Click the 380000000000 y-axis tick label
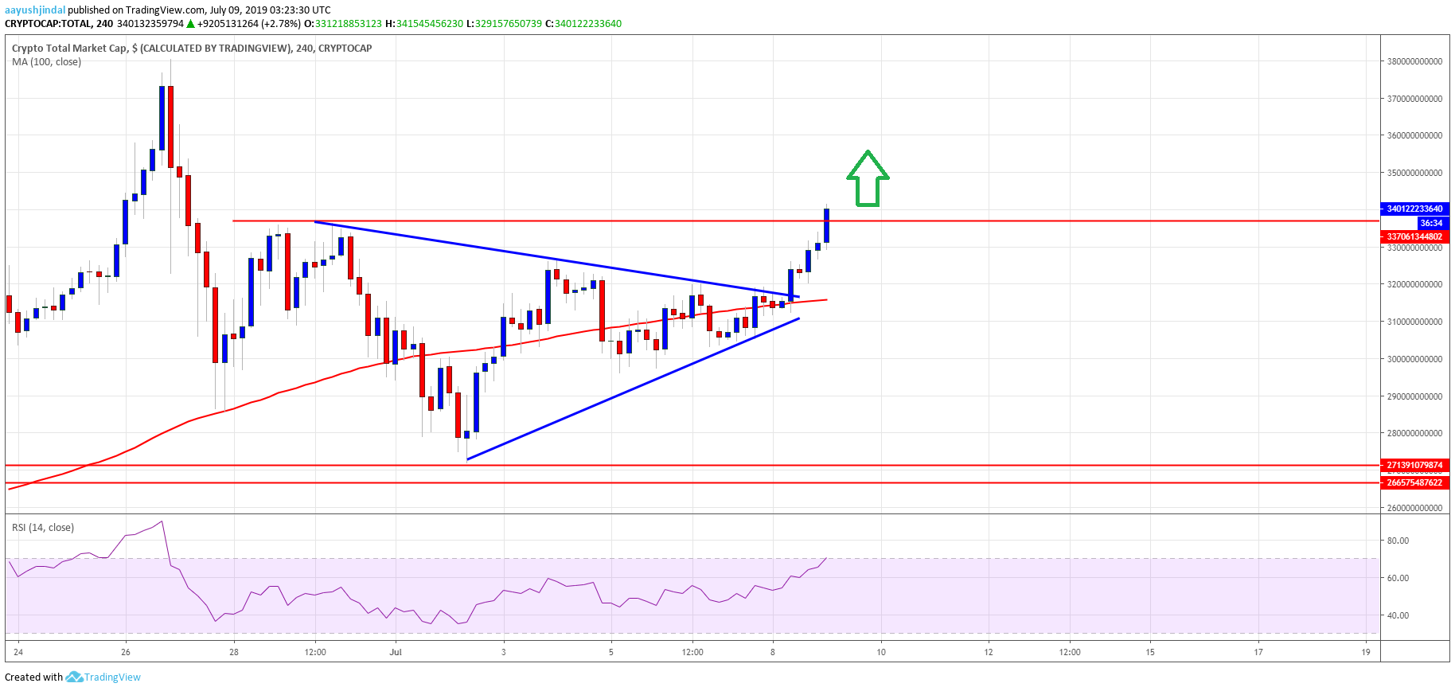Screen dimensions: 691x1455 (1414, 61)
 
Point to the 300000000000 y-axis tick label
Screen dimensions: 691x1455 (1414, 359)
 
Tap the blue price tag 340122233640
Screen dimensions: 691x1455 (1414, 209)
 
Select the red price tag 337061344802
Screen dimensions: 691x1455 (1414, 236)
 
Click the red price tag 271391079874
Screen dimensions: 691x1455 (1414, 465)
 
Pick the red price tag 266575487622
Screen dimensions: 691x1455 (1414, 482)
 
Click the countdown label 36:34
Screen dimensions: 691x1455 (1430, 223)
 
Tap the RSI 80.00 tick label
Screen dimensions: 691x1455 (1398, 541)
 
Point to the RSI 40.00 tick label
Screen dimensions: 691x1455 (1398, 615)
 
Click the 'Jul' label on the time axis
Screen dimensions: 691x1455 (396, 652)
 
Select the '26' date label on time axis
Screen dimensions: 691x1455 (126, 652)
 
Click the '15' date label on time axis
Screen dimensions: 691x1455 (1150, 652)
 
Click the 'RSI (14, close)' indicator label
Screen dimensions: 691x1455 (43, 527)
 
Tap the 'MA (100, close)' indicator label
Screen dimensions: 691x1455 (46, 61)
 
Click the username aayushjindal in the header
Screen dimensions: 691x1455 (35, 10)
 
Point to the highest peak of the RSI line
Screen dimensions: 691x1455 (162, 521)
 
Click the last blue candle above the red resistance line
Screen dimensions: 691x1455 (827, 224)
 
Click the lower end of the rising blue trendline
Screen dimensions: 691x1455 (468, 459)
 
